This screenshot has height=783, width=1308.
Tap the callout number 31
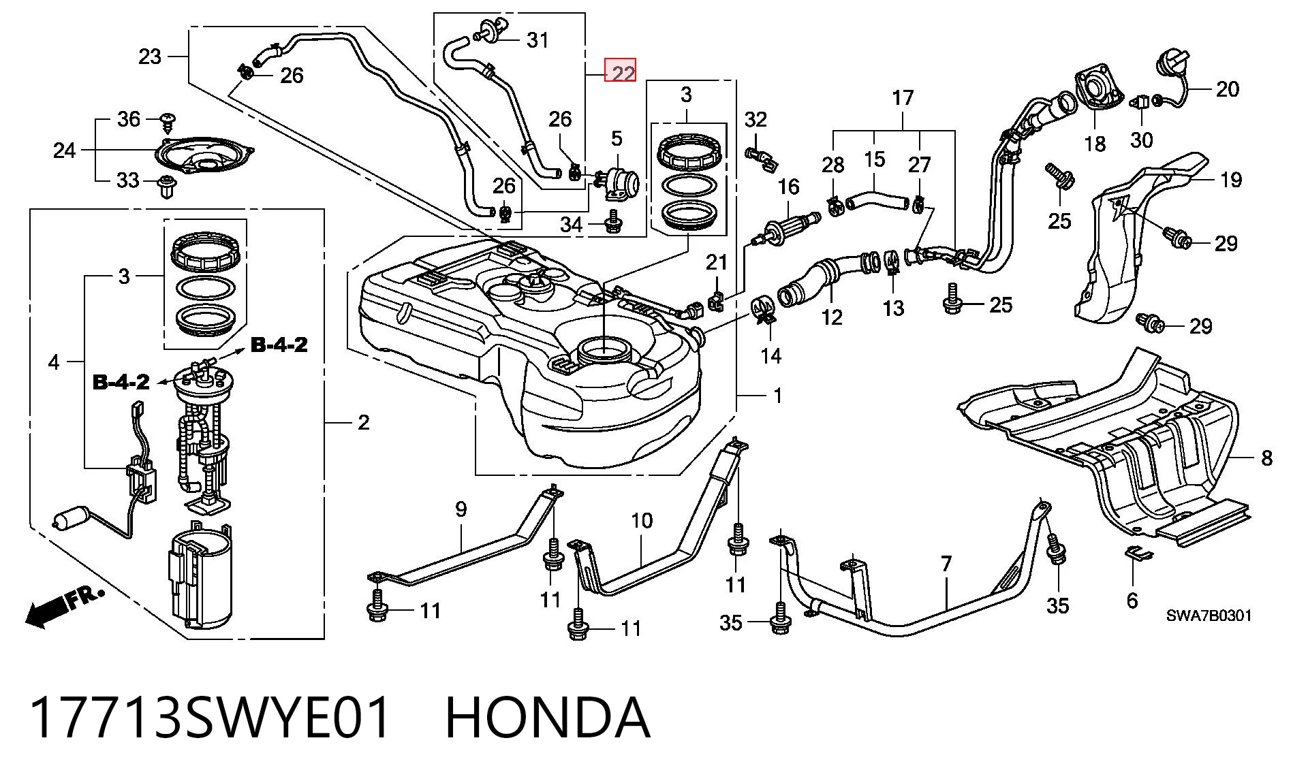[x=538, y=40]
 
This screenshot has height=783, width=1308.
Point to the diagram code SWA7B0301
[x=1209, y=616]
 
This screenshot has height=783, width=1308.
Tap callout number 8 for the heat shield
[x=1266, y=458]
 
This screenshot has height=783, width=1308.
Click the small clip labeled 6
[x=1137, y=554]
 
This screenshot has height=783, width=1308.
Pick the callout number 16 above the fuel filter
[x=788, y=187]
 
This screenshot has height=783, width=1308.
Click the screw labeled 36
[x=166, y=123]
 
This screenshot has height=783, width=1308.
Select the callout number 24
[x=65, y=150]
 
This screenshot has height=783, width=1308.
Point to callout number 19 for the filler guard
[x=1230, y=180]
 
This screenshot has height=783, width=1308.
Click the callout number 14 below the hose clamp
[x=770, y=355]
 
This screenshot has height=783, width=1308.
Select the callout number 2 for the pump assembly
[x=364, y=423]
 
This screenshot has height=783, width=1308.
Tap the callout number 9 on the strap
[x=461, y=509]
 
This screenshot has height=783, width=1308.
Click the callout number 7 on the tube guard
[x=946, y=564]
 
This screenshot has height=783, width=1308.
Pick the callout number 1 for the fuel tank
[x=777, y=395]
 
